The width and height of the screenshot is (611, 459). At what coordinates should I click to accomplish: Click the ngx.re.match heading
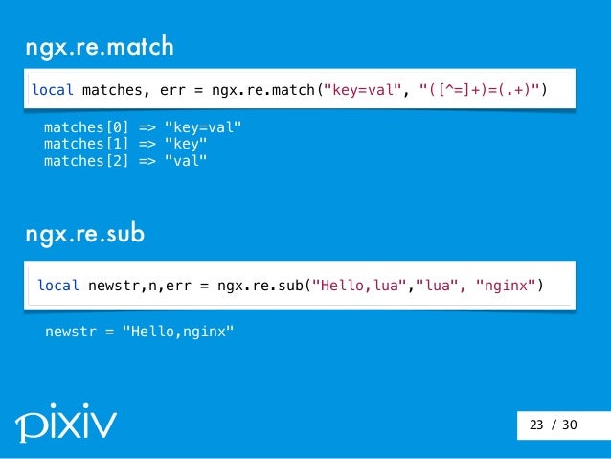pyautogui.click(x=100, y=47)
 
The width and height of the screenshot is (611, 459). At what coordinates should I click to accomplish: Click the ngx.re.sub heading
pyautogui.click(x=86, y=235)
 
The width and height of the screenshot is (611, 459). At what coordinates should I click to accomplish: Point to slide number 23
pyautogui.click(x=535, y=425)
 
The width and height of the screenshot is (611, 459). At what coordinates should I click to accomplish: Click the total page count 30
pyautogui.click(x=570, y=425)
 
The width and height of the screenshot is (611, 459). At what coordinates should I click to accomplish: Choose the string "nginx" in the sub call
pyautogui.click(x=504, y=286)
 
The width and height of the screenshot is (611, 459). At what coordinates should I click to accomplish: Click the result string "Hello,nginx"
pyautogui.click(x=177, y=332)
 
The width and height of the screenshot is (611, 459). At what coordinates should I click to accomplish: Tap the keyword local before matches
pyautogui.click(x=54, y=90)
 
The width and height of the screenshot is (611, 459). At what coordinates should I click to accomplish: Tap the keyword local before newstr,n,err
pyautogui.click(x=58, y=286)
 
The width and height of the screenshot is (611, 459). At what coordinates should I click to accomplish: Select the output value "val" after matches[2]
pyautogui.click(x=186, y=160)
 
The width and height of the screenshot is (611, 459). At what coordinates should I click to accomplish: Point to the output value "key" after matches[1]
pyautogui.click(x=186, y=144)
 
